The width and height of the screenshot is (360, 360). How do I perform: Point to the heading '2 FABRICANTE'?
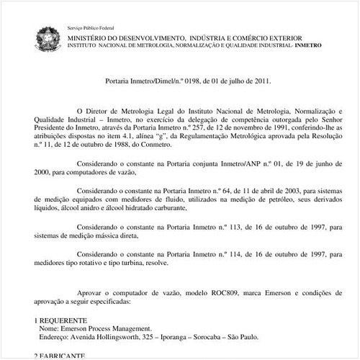(x=60, y=356)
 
